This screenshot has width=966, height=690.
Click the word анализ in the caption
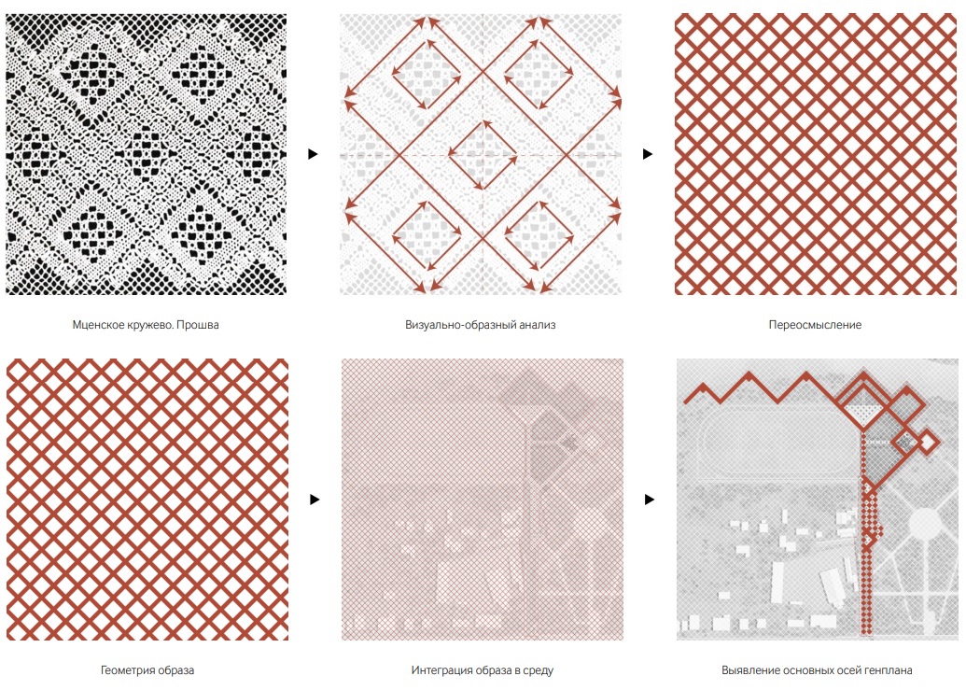[x=534, y=325]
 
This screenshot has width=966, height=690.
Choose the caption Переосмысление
[x=815, y=325]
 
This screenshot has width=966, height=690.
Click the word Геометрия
[x=126, y=670]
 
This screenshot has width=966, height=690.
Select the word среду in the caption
[x=539, y=670]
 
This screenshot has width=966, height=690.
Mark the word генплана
[x=887, y=670]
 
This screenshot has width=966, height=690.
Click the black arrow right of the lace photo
[x=313, y=154]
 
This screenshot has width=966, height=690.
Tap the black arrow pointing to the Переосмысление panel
[x=648, y=154]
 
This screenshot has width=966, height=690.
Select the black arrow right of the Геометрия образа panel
[x=315, y=500]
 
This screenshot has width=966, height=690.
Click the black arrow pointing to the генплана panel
[x=650, y=500]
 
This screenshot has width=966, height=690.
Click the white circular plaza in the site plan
[x=925, y=525]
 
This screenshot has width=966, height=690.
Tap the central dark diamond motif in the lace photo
[x=147, y=155]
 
